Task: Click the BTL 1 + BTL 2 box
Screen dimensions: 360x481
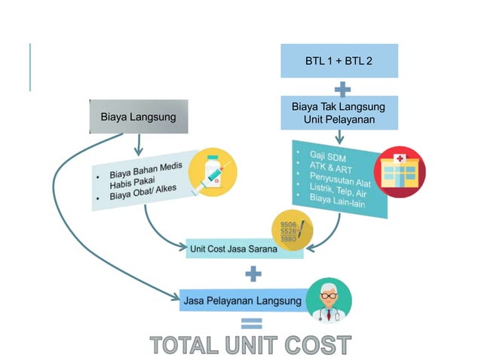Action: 339,61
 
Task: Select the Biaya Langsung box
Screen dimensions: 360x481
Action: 139,117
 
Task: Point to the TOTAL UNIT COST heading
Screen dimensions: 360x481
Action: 250,346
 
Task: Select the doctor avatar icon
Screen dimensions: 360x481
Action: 329,301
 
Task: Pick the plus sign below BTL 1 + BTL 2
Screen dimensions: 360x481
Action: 342,89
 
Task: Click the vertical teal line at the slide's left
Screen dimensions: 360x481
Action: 30,67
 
